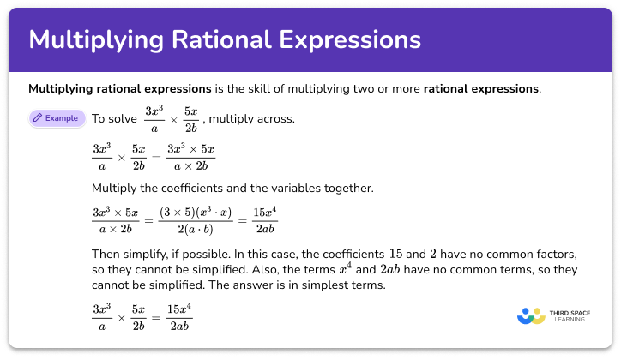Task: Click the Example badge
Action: coord(57,118)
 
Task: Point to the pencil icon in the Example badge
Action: coord(38,118)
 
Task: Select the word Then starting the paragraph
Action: coord(104,254)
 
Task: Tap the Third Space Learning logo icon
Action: coord(532,315)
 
